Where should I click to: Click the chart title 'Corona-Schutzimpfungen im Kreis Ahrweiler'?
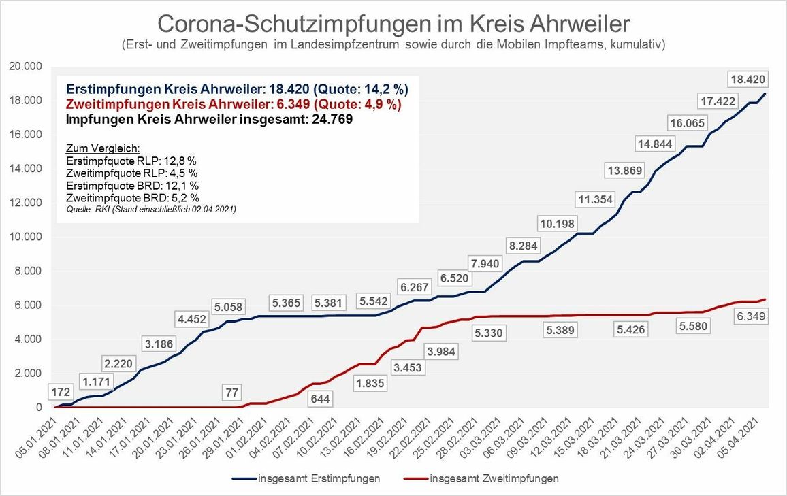tap(394, 23)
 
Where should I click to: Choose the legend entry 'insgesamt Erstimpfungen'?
tap(319, 478)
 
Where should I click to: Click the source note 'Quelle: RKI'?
tap(150, 209)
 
